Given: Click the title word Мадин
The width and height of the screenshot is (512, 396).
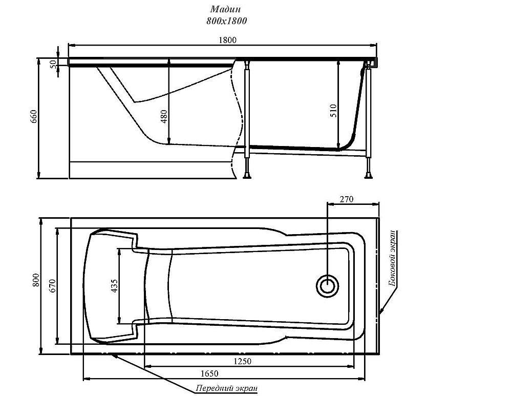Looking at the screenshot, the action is point(226,9).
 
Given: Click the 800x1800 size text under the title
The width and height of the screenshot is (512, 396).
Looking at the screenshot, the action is point(227,21).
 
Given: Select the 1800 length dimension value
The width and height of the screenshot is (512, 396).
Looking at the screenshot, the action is point(227,40).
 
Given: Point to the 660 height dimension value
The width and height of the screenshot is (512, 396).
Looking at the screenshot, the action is point(34,117).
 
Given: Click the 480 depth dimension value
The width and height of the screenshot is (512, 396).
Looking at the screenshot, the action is point(164,116).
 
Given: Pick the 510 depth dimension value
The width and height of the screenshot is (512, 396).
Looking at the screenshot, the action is point(333,111).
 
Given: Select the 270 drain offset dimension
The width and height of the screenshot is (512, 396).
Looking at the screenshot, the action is point(347,199).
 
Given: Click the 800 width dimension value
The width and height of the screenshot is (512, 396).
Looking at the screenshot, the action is point(36,280).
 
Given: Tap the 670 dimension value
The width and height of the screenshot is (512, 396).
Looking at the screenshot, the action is point(53,286).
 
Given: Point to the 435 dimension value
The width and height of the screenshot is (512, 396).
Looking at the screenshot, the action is point(114,286).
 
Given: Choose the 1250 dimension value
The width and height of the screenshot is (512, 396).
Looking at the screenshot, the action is point(243,361).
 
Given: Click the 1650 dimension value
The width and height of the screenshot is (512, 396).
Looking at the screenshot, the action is point(209,373).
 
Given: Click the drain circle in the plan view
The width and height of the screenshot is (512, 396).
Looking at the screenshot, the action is point(327,286).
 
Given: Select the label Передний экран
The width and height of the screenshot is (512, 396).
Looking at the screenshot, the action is point(227,388).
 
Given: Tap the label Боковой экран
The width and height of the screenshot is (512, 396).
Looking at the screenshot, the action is point(393,258).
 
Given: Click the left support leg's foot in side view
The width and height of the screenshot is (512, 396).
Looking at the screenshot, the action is point(247,177).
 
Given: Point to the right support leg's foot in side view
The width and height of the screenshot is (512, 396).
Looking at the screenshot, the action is point(369,177).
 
